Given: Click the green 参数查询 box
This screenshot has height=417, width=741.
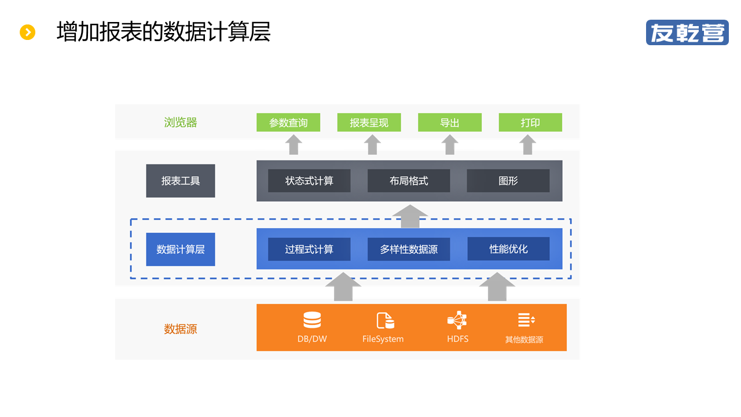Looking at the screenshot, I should coord(288,123).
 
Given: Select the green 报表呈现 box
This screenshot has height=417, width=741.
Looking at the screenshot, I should coord(369,123).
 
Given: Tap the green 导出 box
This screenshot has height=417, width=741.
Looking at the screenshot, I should coord(450,123).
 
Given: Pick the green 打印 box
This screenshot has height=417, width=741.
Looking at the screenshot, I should coord(530,123).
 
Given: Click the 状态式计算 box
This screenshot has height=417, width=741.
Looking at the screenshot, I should coord(309,181).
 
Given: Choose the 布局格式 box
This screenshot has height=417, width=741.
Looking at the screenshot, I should coord(409,181).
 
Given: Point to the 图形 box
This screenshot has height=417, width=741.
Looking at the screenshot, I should coord(508,181).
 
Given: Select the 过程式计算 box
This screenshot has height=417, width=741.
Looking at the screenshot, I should coord(309,250).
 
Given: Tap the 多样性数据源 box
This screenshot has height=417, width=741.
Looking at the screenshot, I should coord(409,250).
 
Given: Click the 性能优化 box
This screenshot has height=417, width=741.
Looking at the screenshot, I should coord(508,249).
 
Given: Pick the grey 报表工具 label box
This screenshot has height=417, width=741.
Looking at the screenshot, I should coord(181,181).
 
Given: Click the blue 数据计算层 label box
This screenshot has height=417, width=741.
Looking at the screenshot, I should coord(181,250).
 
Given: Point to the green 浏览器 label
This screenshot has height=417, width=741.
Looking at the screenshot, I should coord(181,123).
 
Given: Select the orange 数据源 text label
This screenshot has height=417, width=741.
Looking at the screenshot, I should coord(181,329).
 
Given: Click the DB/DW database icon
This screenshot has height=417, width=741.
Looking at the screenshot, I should coord(312,320).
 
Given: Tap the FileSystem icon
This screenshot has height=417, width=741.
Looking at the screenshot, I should coord(385,320).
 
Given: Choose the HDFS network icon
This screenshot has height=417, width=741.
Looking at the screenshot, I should coord(457,320).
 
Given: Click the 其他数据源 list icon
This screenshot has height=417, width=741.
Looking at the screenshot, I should coord(526,320).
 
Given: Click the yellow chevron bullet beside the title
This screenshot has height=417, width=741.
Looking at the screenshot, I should coord(28,32).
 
